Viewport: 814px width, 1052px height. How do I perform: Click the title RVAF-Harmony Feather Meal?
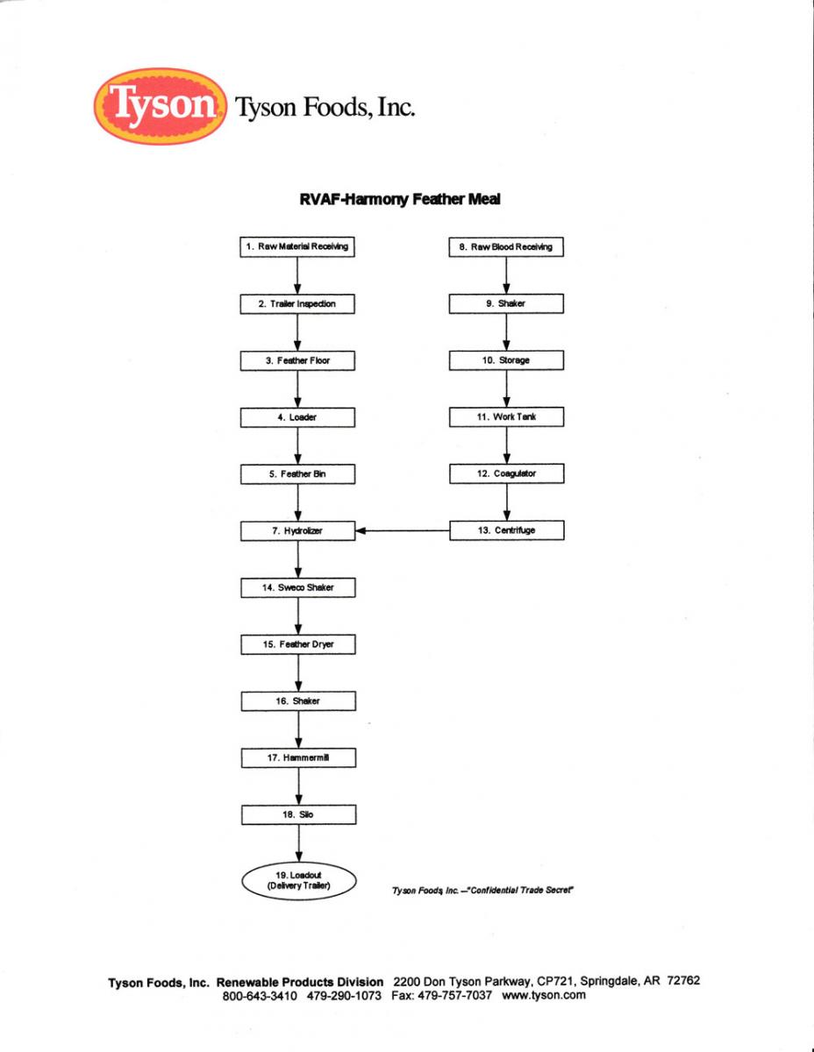(x=400, y=199)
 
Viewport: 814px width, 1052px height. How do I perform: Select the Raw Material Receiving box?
(x=298, y=246)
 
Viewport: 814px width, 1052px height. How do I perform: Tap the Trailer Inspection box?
(x=298, y=304)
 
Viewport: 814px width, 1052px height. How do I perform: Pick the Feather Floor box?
(x=298, y=360)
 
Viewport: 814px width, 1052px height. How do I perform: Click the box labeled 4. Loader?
(x=298, y=417)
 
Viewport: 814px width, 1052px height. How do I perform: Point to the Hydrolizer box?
(x=298, y=530)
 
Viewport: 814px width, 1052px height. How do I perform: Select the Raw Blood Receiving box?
(x=506, y=247)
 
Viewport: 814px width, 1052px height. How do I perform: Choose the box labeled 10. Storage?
(x=506, y=360)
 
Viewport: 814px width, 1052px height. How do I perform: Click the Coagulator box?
(x=506, y=473)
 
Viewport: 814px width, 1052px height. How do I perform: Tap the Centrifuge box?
(x=506, y=530)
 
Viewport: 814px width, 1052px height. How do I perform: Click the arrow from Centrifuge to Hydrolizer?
(x=403, y=530)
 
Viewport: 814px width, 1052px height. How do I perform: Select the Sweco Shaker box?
(x=298, y=587)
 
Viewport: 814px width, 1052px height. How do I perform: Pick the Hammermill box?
(x=298, y=757)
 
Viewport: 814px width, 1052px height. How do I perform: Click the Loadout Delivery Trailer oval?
(x=299, y=879)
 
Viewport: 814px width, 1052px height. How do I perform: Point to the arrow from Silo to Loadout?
(x=299, y=842)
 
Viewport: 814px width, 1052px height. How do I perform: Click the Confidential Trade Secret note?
(x=482, y=891)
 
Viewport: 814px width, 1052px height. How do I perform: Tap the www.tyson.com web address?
(x=543, y=995)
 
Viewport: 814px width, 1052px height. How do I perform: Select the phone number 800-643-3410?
(x=261, y=995)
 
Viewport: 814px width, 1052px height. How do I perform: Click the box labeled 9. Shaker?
(x=506, y=304)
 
